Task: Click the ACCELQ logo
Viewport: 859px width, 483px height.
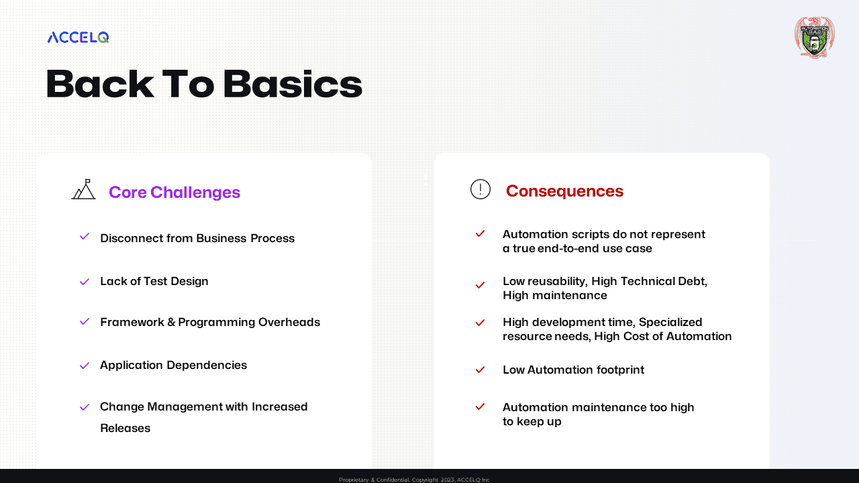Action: tap(79, 37)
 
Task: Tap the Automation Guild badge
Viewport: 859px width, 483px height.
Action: tap(815, 37)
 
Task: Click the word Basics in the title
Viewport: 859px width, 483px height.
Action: tap(293, 85)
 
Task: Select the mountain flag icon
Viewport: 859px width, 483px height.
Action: tap(84, 189)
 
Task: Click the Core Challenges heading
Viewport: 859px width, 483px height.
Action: tap(174, 192)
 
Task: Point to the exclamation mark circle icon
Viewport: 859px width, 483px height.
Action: tap(481, 189)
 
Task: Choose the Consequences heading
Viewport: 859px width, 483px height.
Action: tap(564, 191)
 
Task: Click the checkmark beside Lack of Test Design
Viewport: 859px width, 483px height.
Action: tap(85, 282)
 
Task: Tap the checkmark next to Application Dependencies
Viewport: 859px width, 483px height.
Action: tap(85, 366)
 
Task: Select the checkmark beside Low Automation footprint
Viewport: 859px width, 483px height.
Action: tap(480, 370)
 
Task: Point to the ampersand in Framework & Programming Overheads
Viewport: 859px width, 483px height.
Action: tap(171, 322)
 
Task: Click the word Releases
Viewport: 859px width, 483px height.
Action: tap(125, 428)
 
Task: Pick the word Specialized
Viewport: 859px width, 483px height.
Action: tap(670, 323)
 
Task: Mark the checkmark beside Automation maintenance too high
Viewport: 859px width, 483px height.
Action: tap(480, 407)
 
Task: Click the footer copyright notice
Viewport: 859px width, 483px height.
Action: tap(414, 480)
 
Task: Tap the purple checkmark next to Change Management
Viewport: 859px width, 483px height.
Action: tap(85, 407)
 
